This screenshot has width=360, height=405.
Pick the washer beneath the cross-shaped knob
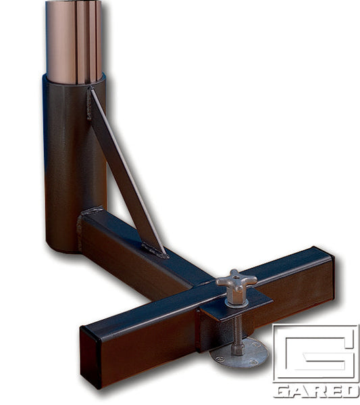(236, 302)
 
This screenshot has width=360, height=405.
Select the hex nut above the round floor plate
(238, 349)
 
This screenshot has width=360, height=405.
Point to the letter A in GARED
(298, 391)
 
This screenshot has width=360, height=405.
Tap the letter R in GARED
(315, 391)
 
